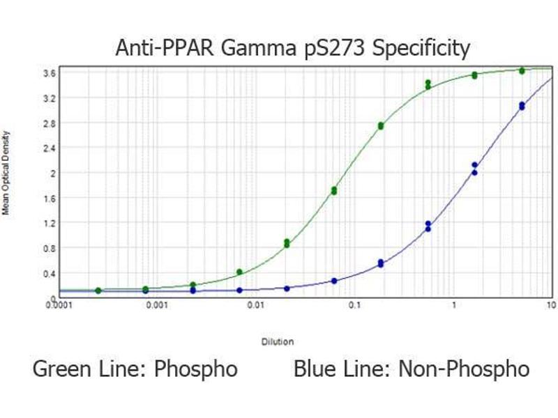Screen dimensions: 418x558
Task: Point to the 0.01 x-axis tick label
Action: tap(256, 304)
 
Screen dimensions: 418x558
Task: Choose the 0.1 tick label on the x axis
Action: tap(354, 304)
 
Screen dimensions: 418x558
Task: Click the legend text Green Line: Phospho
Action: tap(135, 369)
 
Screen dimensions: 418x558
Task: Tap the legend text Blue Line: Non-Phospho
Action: tap(412, 369)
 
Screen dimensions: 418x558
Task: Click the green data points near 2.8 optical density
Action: tap(381, 125)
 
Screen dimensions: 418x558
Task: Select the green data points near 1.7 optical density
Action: tap(334, 190)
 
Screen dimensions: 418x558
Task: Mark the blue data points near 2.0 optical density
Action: tap(474, 169)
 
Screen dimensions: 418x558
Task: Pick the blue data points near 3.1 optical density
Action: tap(522, 105)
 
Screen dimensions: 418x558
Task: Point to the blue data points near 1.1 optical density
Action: tap(428, 226)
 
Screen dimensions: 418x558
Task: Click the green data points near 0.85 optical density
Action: tap(287, 243)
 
